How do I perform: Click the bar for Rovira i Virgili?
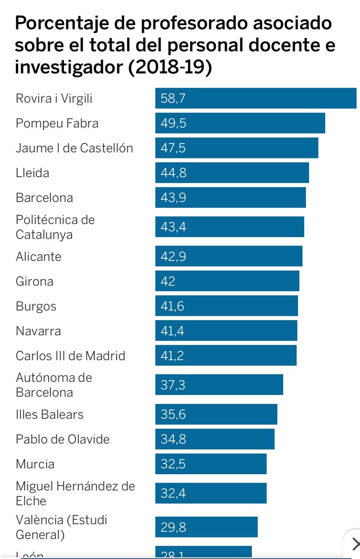(256, 98)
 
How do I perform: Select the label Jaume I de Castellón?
(75, 148)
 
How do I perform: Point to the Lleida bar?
(232, 173)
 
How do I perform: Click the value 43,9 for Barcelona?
(173, 198)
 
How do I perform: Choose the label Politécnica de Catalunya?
(55, 227)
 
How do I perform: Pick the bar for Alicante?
(229, 257)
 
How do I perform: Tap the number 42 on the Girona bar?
(168, 281)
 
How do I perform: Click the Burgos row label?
(36, 307)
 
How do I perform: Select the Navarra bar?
(226, 331)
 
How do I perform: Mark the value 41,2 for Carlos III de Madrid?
(172, 356)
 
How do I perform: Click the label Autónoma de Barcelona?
(54, 385)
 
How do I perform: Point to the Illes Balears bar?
(216, 415)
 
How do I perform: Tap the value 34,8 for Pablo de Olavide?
(173, 439)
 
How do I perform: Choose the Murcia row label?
(35, 464)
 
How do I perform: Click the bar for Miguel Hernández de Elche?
(211, 493)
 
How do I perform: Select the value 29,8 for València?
(173, 527)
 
